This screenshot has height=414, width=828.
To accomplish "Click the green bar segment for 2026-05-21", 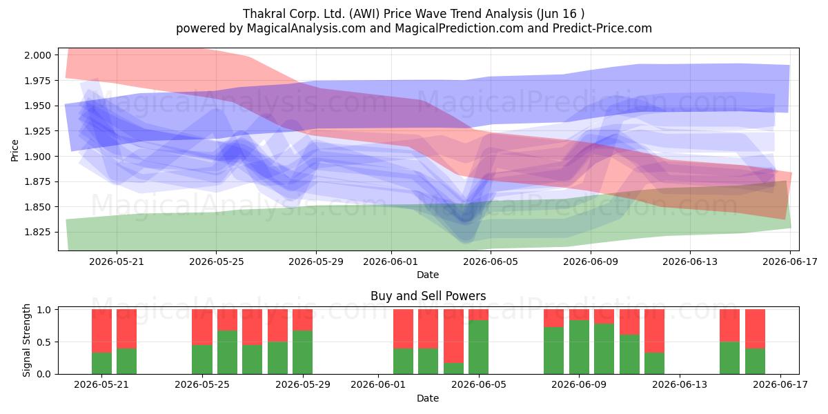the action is [101, 363].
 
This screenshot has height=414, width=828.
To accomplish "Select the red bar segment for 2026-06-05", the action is [478, 315].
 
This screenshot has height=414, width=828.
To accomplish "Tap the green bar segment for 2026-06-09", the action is [579, 347].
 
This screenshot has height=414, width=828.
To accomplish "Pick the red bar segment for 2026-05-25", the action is [202, 327].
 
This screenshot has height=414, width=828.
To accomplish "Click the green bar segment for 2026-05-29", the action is [302, 353].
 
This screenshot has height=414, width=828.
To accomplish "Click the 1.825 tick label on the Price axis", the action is [37, 232].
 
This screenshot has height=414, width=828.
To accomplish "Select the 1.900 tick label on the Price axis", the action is [37, 157].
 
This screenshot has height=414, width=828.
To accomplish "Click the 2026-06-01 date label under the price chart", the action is [391, 262].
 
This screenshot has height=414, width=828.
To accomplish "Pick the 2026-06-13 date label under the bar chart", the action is [680, 384].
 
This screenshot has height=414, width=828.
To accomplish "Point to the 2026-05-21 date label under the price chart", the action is [117, 262].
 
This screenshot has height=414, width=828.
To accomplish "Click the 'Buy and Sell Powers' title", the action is [428, 296].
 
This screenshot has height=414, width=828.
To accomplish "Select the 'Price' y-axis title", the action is [14, 150].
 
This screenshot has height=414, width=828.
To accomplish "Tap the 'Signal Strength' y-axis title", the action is [27, 340].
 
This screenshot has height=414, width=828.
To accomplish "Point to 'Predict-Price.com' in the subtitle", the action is [602, 28].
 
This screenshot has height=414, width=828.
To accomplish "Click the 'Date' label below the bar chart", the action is [428, 398].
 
